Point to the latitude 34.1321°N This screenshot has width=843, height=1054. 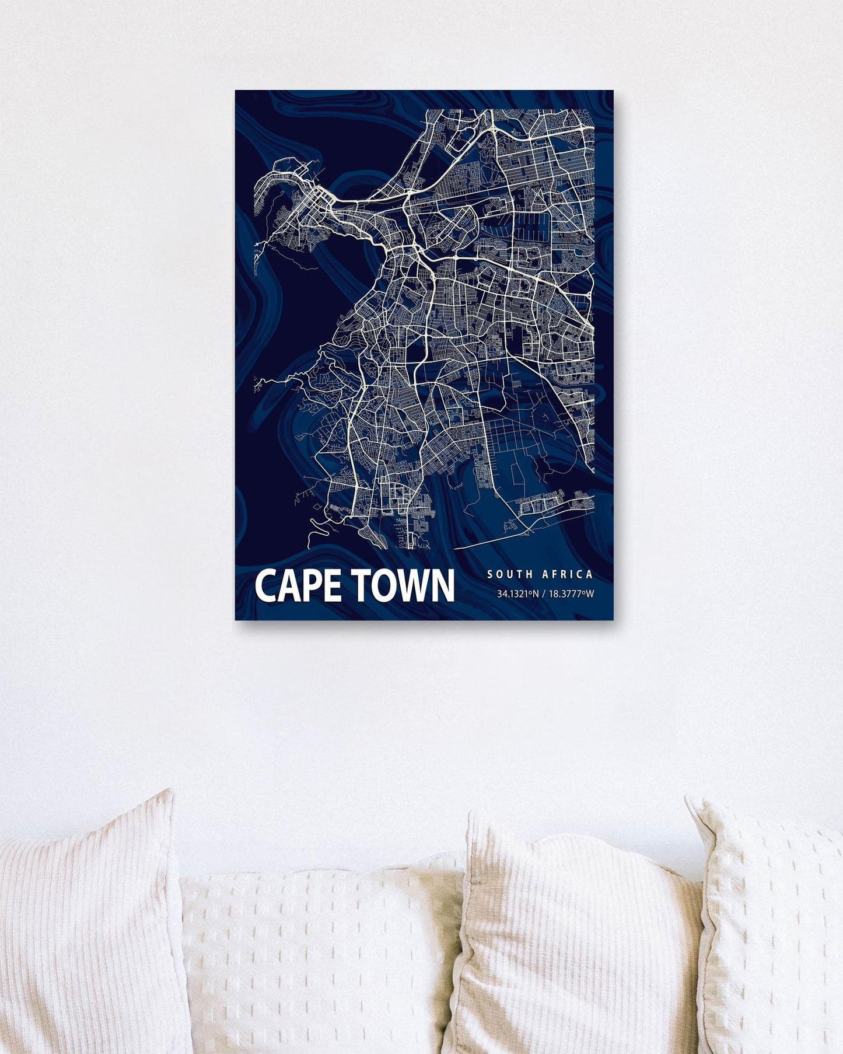516,595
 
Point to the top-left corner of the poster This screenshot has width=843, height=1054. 236,91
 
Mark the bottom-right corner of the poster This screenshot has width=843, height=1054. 613,619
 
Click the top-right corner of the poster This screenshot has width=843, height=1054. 613,91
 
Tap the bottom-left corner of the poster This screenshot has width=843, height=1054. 236,619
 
